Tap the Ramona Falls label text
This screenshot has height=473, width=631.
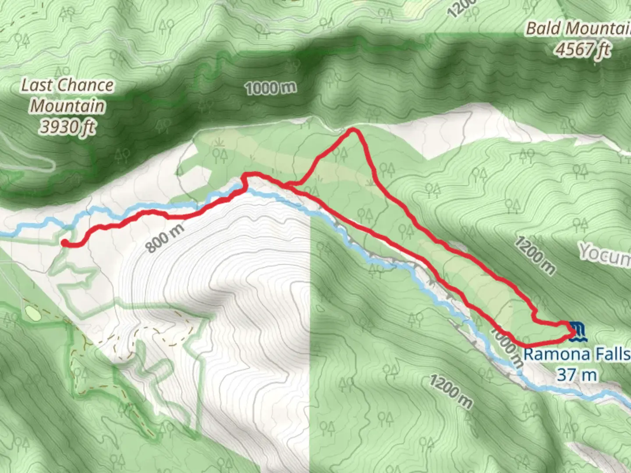577,354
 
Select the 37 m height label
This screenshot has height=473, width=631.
577,375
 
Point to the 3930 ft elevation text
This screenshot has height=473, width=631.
67,127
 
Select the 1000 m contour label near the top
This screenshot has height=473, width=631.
270,88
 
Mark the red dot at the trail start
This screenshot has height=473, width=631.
64,243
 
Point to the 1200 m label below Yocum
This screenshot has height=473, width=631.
535,255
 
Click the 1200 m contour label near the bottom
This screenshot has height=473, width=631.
451,392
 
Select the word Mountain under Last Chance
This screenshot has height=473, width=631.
67,106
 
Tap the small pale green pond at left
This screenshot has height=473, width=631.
32,312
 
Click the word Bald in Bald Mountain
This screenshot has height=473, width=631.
543,29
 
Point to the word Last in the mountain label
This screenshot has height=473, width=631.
37,85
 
